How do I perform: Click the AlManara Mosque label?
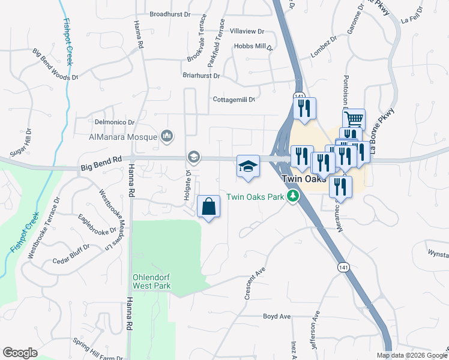(x=123, y=137)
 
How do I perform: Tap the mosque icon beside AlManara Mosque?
(x=167, y=137)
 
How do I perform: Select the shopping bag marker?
(x=208, y=207)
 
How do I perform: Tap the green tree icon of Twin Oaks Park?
(x=293, y=196)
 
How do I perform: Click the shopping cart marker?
(x=354, y=119)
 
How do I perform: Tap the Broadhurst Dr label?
(x=170, y=14)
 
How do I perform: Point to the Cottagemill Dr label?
(x=234, y=100)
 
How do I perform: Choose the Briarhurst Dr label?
(x=201, y=76)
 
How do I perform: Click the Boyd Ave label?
(x=277, y=316)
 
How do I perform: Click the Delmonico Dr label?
(x=114, y=122)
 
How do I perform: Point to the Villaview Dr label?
(x=247, y=31)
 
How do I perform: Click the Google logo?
(x=20, y=353)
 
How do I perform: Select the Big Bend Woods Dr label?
(x=56, y=65)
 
